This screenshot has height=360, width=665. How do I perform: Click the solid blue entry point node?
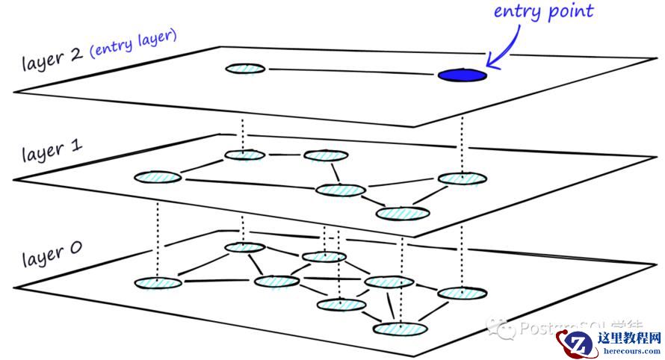pyautogui.click(x=462, y=75)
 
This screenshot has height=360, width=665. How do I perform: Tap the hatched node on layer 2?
pyautogui.click(x=246, y=69)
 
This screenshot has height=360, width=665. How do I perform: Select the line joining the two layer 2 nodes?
pyautogui.click(x=351, y=72)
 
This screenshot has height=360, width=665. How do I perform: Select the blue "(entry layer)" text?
pyautogui.click(x=133, y=45)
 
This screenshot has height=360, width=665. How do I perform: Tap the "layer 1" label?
pyautogui.click(x=52, y=151)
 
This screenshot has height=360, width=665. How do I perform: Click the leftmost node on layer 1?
pyautogui.click(x=158, y=177)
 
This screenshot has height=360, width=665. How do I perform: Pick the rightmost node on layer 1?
pyautogui.click(x=462, y=179)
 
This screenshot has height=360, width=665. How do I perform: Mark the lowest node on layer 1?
pyautogui.click(x=402, y=214)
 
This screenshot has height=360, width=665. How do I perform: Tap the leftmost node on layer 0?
pyautogui.click(x=158, y=283)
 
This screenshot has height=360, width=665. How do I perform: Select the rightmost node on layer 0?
pyautogui.click(x=462, y=293)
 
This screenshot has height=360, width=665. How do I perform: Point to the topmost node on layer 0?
pyautogui.click(x=245, y=247)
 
